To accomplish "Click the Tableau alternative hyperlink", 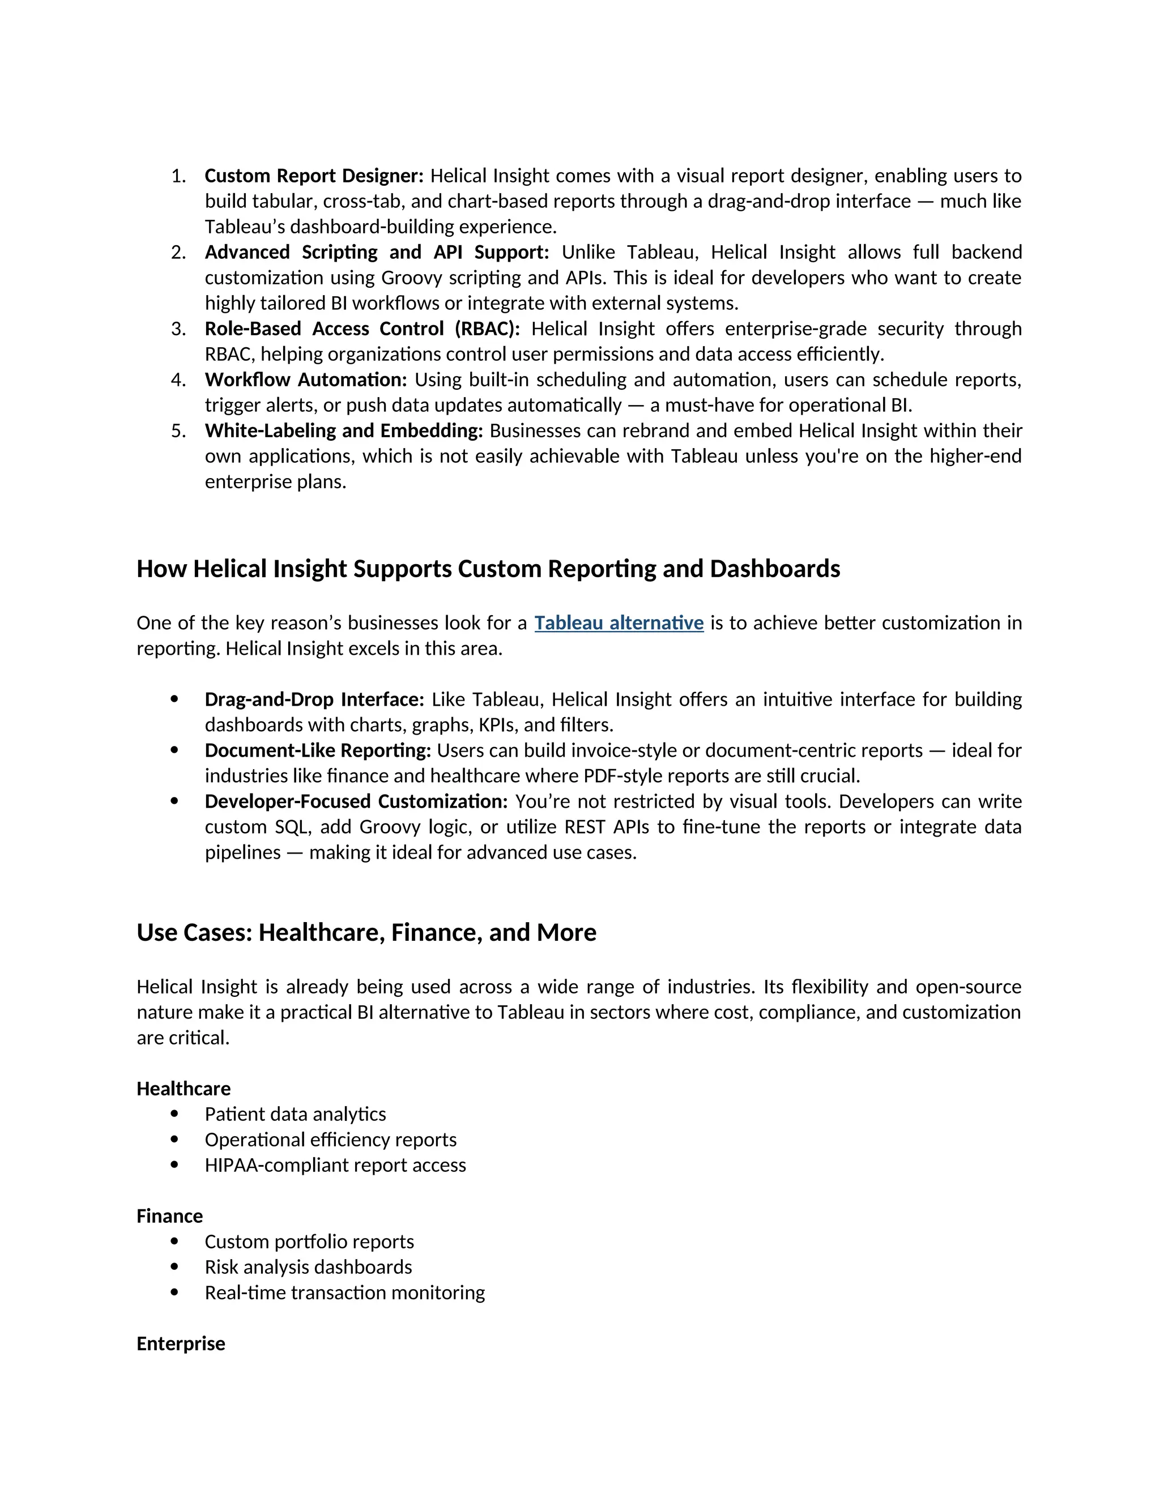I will point(619,622).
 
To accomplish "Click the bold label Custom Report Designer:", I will point(314,176).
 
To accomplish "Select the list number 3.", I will point(178,329).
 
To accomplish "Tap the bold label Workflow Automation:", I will point(306,380).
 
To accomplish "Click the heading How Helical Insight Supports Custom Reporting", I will point(488,569).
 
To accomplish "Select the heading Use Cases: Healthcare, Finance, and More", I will point(366,933).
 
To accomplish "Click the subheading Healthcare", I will point(184,1089).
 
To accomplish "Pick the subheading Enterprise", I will point(181,1344).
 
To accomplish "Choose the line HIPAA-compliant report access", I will point(335,1165).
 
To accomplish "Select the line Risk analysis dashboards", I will point(308,1267).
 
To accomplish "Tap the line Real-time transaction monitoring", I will point(344,1293).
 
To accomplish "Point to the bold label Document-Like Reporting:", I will point(318,750).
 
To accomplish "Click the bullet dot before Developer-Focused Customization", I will point(174,801).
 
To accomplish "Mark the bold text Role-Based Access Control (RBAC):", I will point(362,329).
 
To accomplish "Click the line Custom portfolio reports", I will point(309,1242).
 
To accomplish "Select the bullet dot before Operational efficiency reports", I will point(174,1140).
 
